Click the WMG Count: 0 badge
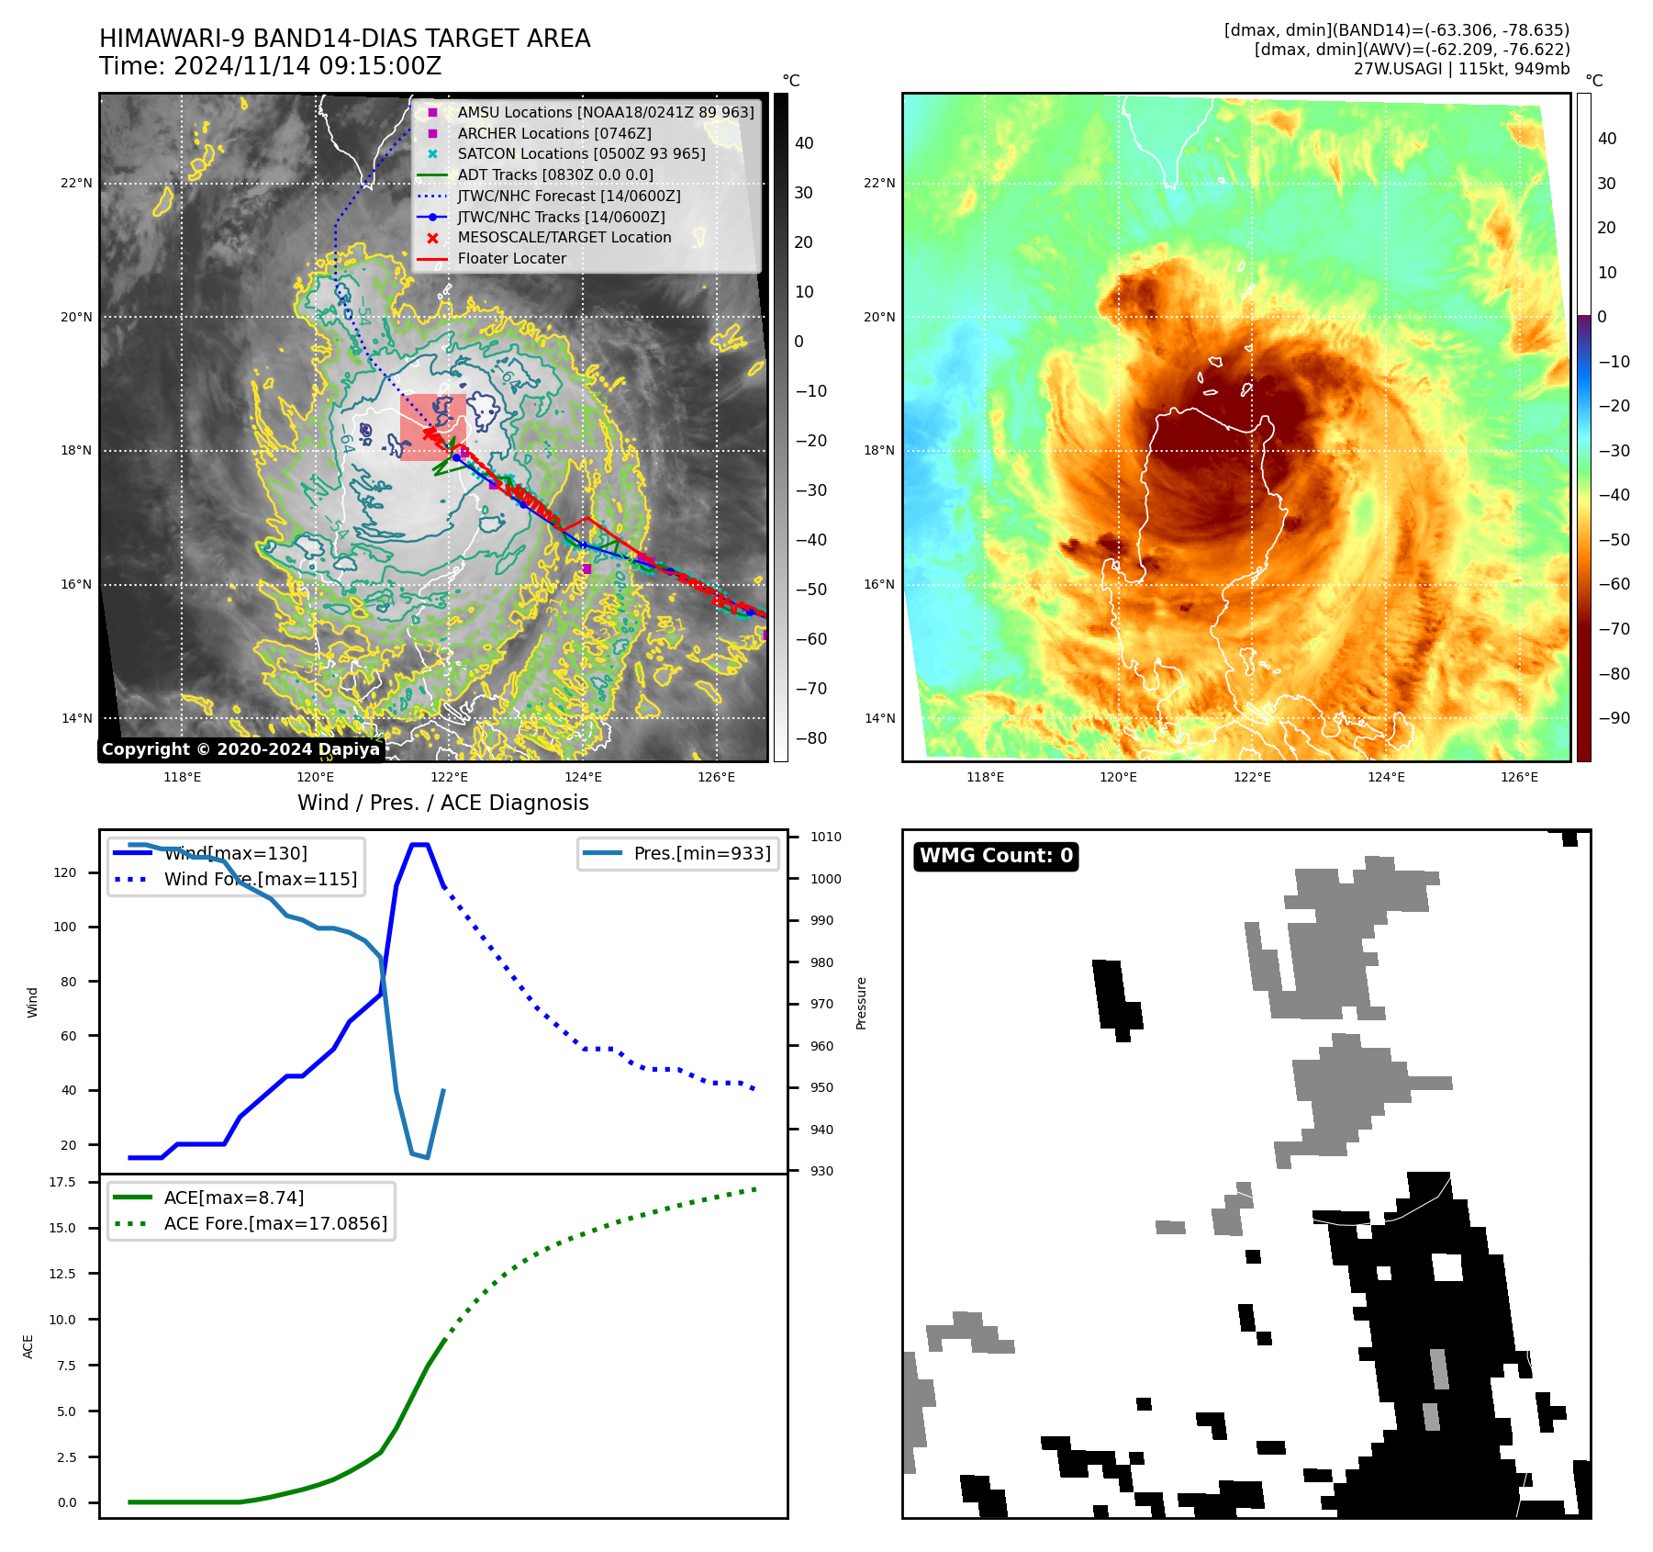(x=996, y=856)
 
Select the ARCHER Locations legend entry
(x=554, y=133)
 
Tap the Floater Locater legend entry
(x=511, y=258)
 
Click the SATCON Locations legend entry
(x=581, y=153)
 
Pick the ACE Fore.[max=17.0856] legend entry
(x=275, y=1223)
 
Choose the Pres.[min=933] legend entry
(x=702, y=853)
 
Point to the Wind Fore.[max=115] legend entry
(x=261, y=879)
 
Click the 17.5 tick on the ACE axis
(x=63, y=1182)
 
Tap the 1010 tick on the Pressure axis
(x=826, y=837)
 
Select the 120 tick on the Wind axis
(x=65, y=872)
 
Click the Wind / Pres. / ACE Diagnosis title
(x=442, y=803)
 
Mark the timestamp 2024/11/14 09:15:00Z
(x=307, y=66)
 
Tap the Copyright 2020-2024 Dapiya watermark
(x=240, y=749)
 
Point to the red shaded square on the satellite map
(x=432, y=427)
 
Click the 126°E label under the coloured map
(x=1519, y=777)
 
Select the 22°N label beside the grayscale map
(x=76, y=183)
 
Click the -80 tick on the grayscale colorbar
(x=810, y=738)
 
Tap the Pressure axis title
(x=861, y=1003)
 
